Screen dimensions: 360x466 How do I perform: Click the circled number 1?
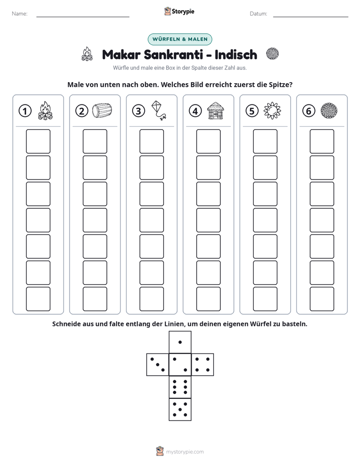[x=25, y=111]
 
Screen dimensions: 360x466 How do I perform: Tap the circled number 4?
[x=195, y=111]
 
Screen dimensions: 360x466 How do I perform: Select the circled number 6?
[x=309, y=111]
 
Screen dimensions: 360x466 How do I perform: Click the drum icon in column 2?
[x=102, y=110]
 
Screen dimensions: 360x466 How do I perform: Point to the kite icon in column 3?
[x=159, y=110]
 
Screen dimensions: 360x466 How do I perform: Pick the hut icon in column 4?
[x=215, y=110]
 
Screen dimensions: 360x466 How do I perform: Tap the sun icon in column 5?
[x=272, y=111]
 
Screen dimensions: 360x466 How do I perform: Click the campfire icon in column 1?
[x=45, y=110]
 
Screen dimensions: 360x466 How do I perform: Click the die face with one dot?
[x=180, y=342]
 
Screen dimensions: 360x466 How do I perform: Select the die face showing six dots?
[x=180, y=387]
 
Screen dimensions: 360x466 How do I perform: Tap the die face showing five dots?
[x=180, y=410]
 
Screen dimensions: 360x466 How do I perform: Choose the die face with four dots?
[x=203, y=365]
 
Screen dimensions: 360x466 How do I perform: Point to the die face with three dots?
[x=158, y=365]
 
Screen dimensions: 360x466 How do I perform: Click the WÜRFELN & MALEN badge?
[x=180, y=39]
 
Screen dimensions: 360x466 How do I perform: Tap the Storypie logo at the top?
[x=179, y=11]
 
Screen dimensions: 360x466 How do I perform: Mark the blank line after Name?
[x=83, y=17]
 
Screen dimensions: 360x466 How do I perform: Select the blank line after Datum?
[x=311, y=17]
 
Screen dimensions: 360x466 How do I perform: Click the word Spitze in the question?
[x=279, y=85]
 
